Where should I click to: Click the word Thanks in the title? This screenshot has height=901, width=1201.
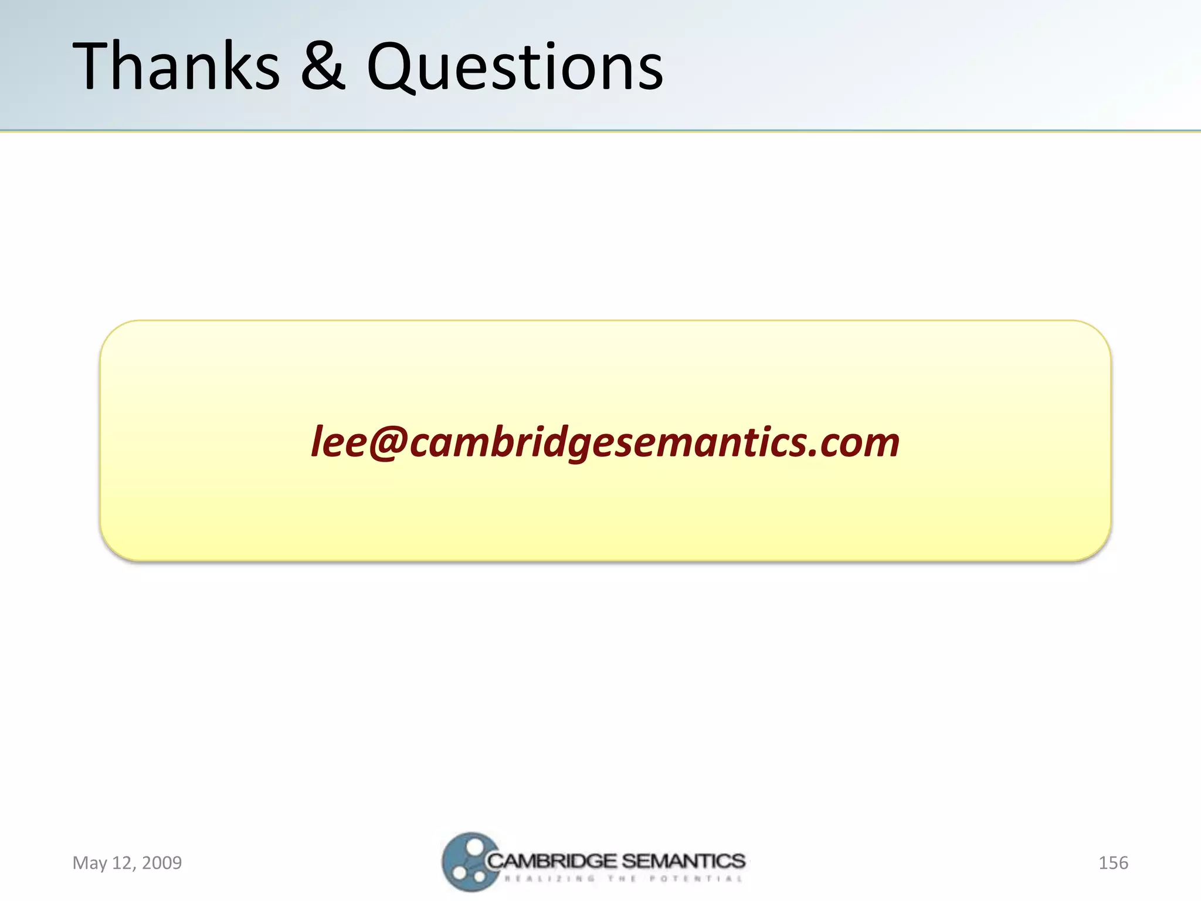tap(177, 66)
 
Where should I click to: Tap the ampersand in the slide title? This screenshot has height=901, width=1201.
tap(323, 66)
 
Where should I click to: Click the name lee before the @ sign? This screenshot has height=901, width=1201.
tap(339, 441)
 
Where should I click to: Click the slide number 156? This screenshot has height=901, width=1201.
tap(1113, 863)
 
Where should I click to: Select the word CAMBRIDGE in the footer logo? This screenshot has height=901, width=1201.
tap(552, 861)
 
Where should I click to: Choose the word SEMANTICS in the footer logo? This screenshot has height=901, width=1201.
tap(683, 861)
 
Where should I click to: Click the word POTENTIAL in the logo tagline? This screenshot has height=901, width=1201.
tap(696, 879)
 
